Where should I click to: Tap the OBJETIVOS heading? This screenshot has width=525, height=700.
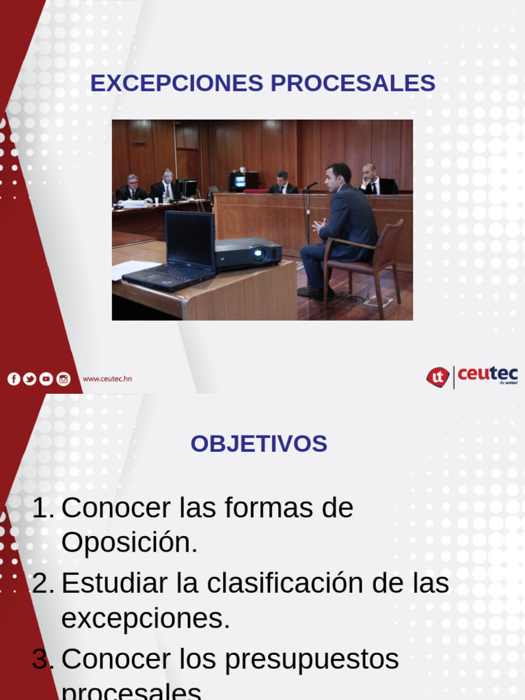tap(258, 444)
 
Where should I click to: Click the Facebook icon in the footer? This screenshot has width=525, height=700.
tap(14, 379)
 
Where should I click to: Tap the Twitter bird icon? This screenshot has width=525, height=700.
tap(29, 379)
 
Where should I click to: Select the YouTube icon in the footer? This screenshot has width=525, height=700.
tap(46, 379)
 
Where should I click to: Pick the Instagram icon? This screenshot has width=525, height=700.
tap(63, 379)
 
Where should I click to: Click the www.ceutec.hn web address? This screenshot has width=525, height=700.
tap(107, 379)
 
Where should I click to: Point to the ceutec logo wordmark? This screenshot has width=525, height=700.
tap(487, 375)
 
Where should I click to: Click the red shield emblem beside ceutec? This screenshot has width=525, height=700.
tap(437, 377)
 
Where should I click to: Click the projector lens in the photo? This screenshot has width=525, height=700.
tap(258, 255)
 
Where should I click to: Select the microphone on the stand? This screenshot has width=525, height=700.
tap(312, 185)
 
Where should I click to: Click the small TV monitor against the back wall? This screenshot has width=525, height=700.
tap(239, 182)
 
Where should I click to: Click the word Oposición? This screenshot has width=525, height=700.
tap(129, 543)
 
